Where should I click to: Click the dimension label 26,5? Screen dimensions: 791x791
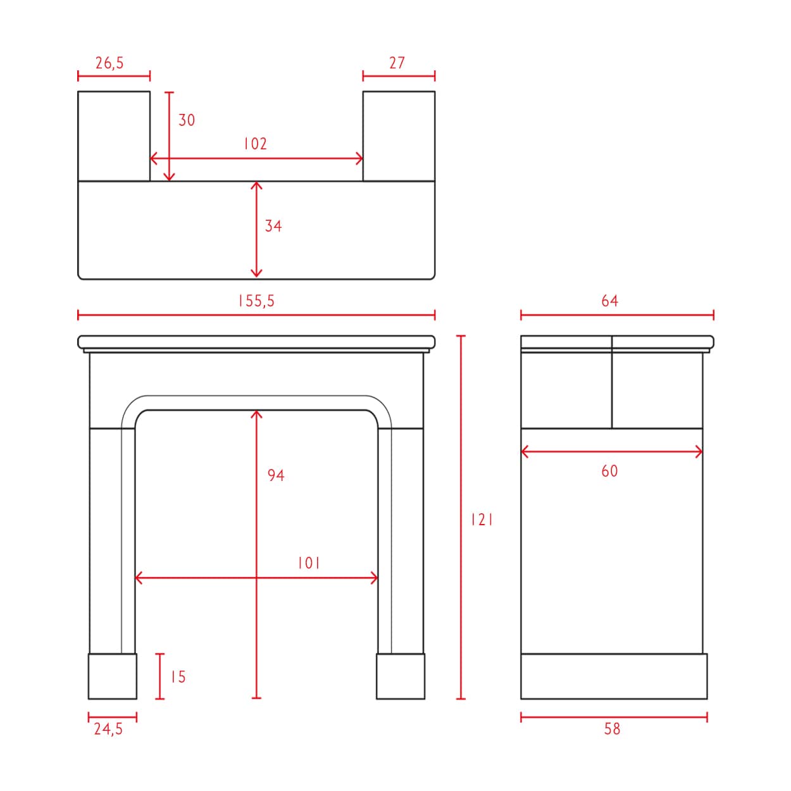coord(109,63)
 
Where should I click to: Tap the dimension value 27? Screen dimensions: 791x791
coord(397,63)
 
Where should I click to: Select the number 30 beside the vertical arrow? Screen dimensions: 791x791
coord(187,120)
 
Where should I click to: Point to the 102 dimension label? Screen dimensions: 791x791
coord(255,144)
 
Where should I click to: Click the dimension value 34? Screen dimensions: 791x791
coord(273,226)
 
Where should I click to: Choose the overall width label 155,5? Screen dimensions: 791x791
coord(256,301)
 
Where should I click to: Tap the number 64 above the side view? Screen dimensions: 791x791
coord(609,301)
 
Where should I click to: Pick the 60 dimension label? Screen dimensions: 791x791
coord(609,471)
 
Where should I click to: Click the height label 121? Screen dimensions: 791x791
coord(482,520)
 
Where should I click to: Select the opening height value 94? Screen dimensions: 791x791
coord(276,475)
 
